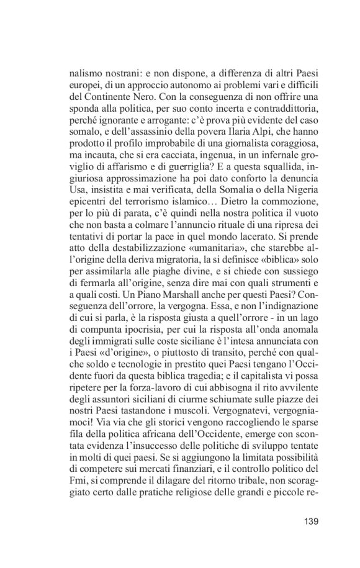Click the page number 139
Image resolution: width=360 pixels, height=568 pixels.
click(311, 520)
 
